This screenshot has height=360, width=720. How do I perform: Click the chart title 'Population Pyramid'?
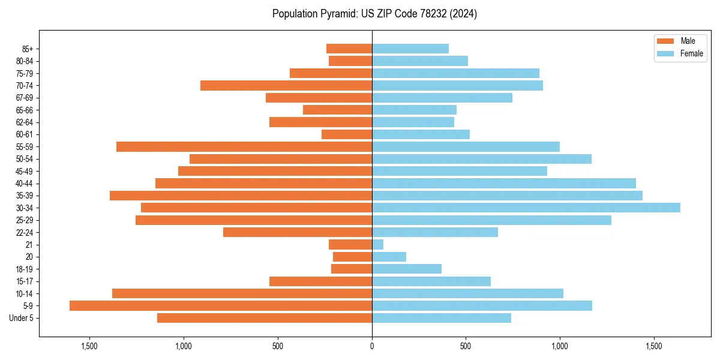(374, 14)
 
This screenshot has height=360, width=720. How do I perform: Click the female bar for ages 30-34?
(526, 208)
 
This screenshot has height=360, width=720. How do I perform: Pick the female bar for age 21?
(378, 245)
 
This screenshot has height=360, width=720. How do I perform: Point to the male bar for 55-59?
(244, 146)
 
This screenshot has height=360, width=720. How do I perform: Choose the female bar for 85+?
(410, 49)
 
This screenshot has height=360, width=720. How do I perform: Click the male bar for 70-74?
(286, 85)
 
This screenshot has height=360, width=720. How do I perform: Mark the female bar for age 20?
(389, 257)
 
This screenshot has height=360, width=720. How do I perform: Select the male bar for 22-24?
(298, 232)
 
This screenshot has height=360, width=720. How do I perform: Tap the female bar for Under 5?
(442, 318)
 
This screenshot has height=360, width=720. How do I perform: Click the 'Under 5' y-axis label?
(22, 318)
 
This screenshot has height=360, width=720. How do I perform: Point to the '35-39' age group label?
(24, 196)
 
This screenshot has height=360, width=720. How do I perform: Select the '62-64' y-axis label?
(24, 122)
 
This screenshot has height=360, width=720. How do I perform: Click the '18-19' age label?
(24, 269)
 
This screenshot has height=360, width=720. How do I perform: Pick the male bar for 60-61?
(347, 134)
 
